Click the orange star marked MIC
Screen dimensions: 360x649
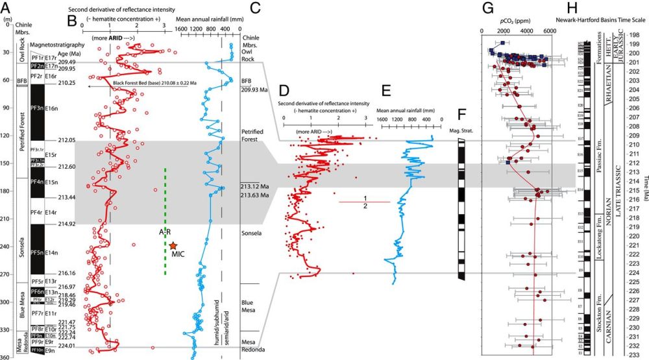[x=173, y=245]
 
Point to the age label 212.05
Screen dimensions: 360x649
[x=67, y=139]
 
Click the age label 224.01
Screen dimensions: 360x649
[x=67, y=346]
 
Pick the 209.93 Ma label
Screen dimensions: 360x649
[x=254, y=90]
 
